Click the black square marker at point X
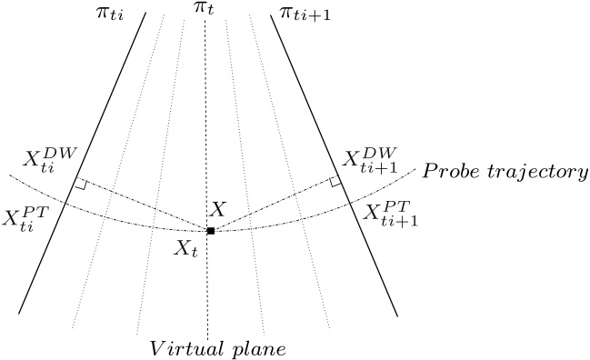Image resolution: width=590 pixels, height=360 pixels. pos(210,231)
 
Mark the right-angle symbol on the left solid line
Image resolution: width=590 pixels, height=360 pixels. pos(81,185)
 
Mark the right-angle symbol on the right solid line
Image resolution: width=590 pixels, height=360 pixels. pos(335,182)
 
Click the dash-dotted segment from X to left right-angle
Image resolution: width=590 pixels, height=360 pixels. pos(145,207)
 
